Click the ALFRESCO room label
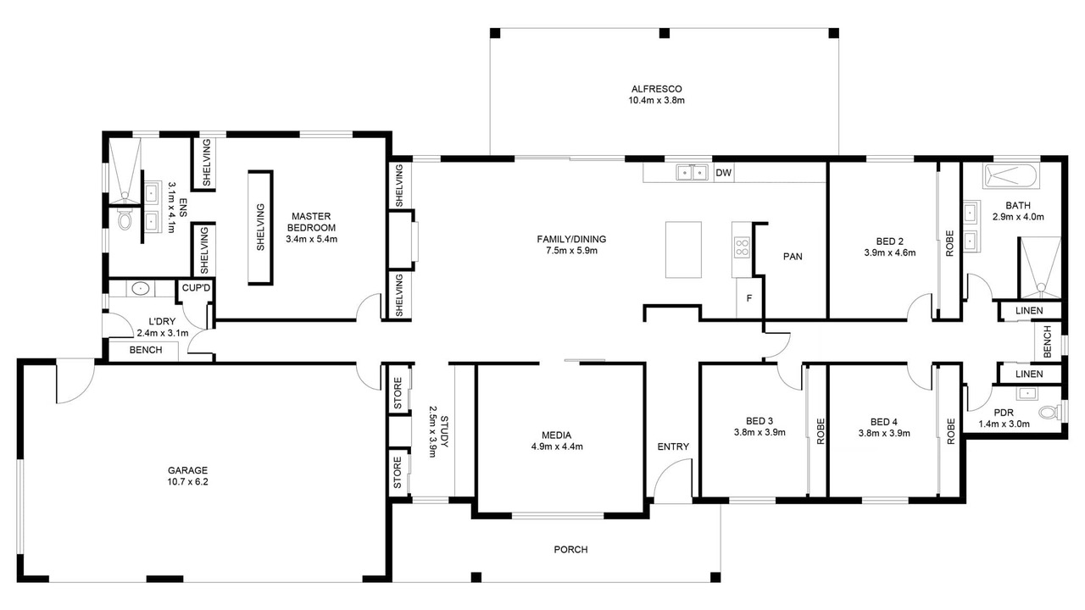pyautogui.click(x=656, y=89)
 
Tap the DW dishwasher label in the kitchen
pyautogui.click(x=723, y=173)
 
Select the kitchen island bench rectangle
pyautogui.click(x=683, y=250)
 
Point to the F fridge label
pyautogui.click(x=748, y=298)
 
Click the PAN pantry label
pyautogui.click(x=793, y=257)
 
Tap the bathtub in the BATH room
pyautogui.click(x=1011, y=176)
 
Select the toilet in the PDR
pyautogui.click(x=1049, y=413)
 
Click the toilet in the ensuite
pyautogui.click(x=125, y=220)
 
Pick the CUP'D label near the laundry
pyautogui.click(x=196, y=288)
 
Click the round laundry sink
pyautogui.click(x=141, y=289)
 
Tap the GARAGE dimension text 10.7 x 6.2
pyautogui.click(x=187, y=482)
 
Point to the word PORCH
pyautogui.click(x=570, y=550)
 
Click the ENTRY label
pyautogui.click(x=673, y=446)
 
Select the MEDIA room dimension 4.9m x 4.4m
pyautogui.click(x=557, y=446)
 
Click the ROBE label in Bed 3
pyautogui.click(x=820, y=431)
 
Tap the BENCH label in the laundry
pyautogui.click(x=146, y=350)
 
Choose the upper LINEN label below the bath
pyautogui.click(x=1029, y=311)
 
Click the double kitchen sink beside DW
pyautogui.click(x=693, y=172)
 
